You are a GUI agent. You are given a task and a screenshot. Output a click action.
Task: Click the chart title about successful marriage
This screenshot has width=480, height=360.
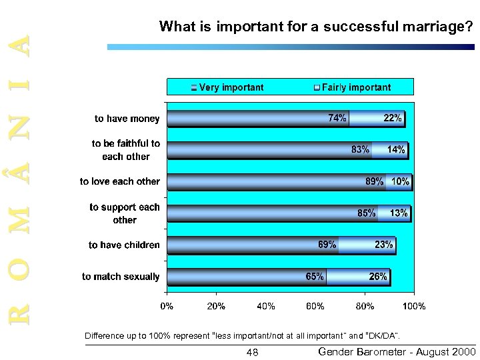tap(316, 27)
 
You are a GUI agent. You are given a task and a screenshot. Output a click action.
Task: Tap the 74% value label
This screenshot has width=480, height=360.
tap(337, 118)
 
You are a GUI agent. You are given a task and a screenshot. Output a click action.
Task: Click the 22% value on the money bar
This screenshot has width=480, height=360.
tap(392, 118)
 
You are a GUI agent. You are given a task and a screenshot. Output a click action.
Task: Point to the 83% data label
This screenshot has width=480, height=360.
tap(360, 150)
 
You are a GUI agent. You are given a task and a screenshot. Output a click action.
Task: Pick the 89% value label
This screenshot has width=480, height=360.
tap(375, 181)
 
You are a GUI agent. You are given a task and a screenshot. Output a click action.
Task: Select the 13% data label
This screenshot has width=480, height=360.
tap(399, 213)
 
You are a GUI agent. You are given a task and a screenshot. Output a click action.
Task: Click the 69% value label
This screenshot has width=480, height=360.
tap(327, 245)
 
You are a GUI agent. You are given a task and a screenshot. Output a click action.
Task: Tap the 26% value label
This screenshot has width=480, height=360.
tap(378, 277)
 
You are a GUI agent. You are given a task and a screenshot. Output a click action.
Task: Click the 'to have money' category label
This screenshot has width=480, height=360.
tap(127, 119)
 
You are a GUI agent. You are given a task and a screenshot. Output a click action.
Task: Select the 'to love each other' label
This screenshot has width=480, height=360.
tap(120, 181)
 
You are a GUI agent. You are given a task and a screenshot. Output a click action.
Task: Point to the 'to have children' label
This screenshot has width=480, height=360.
tap(124, 245)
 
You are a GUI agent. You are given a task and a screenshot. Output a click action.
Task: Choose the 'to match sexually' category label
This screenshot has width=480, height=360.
tap(121, 277)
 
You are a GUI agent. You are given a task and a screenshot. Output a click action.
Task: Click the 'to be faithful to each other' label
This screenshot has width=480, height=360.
tap(126, 150)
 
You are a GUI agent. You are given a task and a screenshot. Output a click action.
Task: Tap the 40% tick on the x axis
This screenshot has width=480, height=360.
tap(265, 306)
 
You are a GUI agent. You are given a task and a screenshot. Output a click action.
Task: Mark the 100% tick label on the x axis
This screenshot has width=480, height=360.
tap(413, 306)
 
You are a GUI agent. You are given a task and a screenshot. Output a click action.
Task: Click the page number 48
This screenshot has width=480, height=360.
tap(252, 352)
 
